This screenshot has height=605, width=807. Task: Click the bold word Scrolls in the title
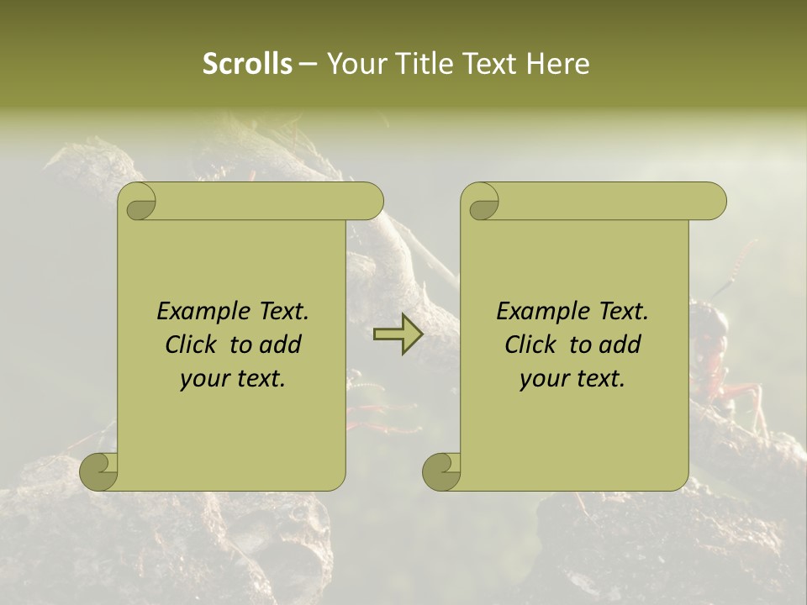pyautogui.click(x=248, y=63)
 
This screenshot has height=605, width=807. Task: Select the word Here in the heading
pyautogui.click(x=558, y=63)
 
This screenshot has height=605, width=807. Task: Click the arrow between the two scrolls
pyautogui.click(x=398, y=334)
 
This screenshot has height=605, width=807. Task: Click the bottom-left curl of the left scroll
pyautogui.click(x=99, y=471)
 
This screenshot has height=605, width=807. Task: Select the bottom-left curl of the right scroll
pyautogui.click(x=441, y=471)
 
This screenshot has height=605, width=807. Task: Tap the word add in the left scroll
pyautogui.click(x=281, y=345)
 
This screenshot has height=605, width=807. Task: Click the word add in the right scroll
pyautogui.click(x=620, y=345)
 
